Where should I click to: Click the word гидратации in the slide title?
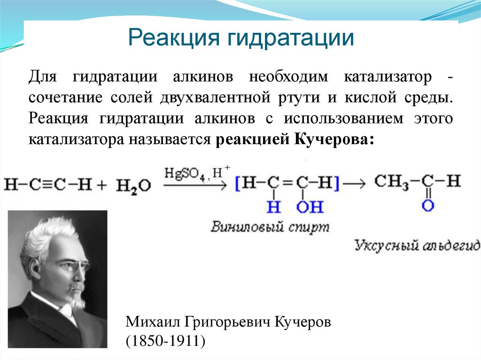[291, 38]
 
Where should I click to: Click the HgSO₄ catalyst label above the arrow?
[182, 173]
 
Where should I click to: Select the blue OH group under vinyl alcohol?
[310, 206]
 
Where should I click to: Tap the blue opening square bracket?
[238, 184]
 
